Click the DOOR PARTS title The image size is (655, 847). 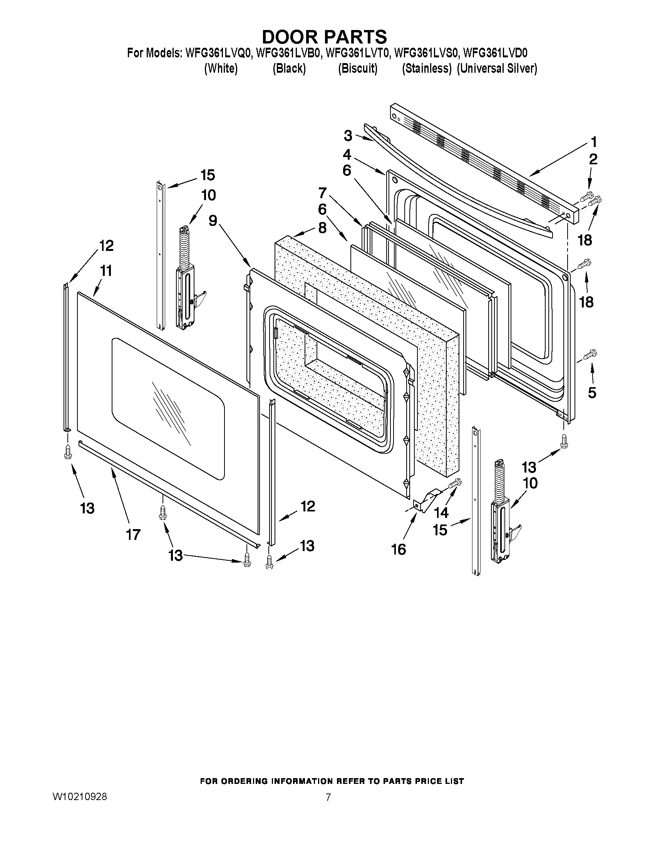[324, 37]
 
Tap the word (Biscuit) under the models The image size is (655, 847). [357, 68]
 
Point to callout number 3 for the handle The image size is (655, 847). [348, 136]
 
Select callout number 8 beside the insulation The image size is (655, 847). [322, 228]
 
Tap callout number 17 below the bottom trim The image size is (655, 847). [133, 535]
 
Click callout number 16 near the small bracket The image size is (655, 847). [399, 549]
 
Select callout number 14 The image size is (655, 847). [441, 513]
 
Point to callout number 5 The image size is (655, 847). [592, 393]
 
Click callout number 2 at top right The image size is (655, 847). [593, 159]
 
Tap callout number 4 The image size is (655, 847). [347, 155]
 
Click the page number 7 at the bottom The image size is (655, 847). [328, 797]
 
